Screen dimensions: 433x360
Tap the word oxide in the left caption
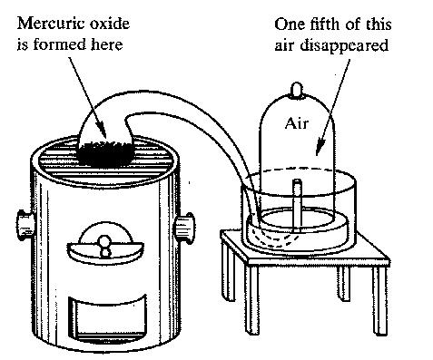click(110, 24)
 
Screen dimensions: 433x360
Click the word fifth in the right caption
click(326, 24)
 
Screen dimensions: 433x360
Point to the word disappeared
click(344, 46)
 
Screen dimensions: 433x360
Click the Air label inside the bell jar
click(297, 123)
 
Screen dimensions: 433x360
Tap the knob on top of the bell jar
click(297, 90)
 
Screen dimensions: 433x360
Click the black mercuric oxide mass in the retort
click(106, 153)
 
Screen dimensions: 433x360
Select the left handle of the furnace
click(25, 225)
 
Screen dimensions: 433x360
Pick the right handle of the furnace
click(184, 229)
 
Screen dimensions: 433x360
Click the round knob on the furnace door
click(105, 242)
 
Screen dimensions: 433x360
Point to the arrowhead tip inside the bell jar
click(317, 155)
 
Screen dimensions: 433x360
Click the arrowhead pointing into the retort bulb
click(105, 138)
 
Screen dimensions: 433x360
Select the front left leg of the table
click(251, 299)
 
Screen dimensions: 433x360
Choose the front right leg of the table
click(379, 301)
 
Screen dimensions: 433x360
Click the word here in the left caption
click(107, 44)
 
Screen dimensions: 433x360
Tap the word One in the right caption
click(290, 24)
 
